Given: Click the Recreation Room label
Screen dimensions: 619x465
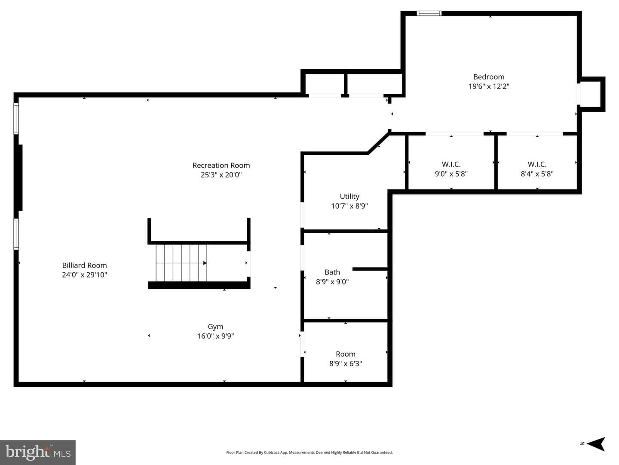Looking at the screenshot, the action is pos(221,165).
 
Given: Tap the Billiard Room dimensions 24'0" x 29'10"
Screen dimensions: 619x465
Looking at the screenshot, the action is pos(85,275).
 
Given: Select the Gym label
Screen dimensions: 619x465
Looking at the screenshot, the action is pos(215,327).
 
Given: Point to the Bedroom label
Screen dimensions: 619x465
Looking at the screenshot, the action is pos(489,77).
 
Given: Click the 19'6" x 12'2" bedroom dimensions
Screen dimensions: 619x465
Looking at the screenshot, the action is pos(489,86).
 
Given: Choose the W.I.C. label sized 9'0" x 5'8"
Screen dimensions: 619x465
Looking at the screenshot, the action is pos(451,164).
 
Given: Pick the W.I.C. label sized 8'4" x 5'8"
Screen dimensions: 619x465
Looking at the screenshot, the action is pos(537,164).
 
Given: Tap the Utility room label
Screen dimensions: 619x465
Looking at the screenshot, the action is pos(349,197).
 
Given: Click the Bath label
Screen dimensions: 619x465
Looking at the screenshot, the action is pos(332,272).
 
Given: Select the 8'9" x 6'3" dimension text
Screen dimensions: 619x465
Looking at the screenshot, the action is pos(346,364).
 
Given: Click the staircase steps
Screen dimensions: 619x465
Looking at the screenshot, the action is pos(181,263).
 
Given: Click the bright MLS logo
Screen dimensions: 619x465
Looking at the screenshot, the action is pos(38,452).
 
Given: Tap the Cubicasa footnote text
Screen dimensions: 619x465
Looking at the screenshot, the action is pos(309,452).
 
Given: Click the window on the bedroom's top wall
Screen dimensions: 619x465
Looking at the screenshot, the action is pos(429,13).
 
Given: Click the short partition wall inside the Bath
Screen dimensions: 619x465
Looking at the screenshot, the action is pos(370,269).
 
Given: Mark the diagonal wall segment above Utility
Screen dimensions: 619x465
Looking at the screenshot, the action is pos(378,143).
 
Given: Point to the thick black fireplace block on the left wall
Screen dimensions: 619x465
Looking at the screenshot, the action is pos(20,178).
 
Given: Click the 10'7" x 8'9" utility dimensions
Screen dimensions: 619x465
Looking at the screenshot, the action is pos(349,206).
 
